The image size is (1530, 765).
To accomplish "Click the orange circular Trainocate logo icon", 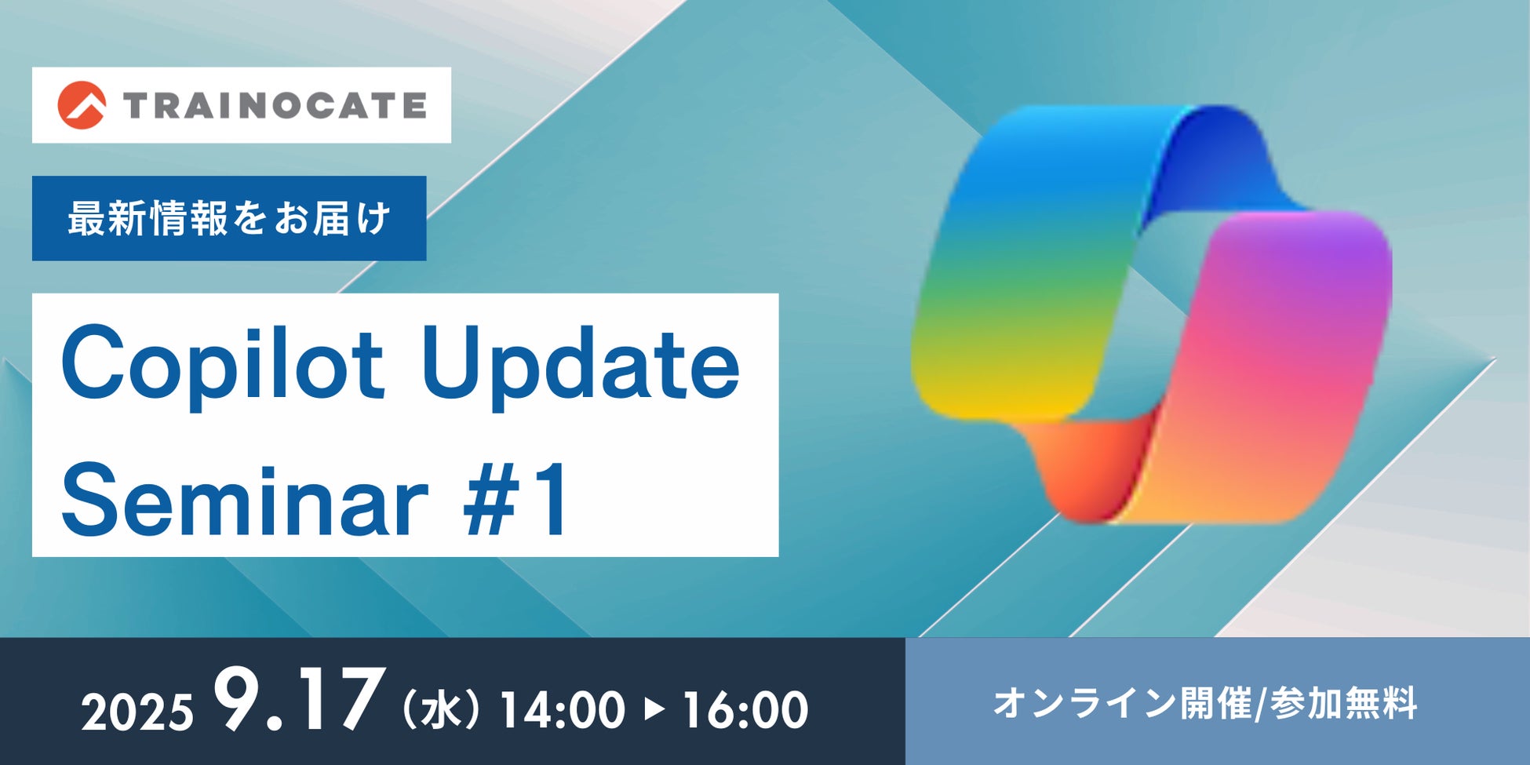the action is (82, 105).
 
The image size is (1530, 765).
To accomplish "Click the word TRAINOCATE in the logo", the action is (275, 105).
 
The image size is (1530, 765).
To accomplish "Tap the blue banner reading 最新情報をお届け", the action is (229, 218).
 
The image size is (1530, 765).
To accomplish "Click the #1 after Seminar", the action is (515, 500).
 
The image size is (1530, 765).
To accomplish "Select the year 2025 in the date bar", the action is (137, 712).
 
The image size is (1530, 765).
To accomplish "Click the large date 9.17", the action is (293, 698).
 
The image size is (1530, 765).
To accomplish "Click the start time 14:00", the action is (562, 710).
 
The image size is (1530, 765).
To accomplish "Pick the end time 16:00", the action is (745, 710).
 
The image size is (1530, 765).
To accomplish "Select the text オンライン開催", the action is (1123, 703).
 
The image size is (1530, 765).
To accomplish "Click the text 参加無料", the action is (1343, 703).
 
